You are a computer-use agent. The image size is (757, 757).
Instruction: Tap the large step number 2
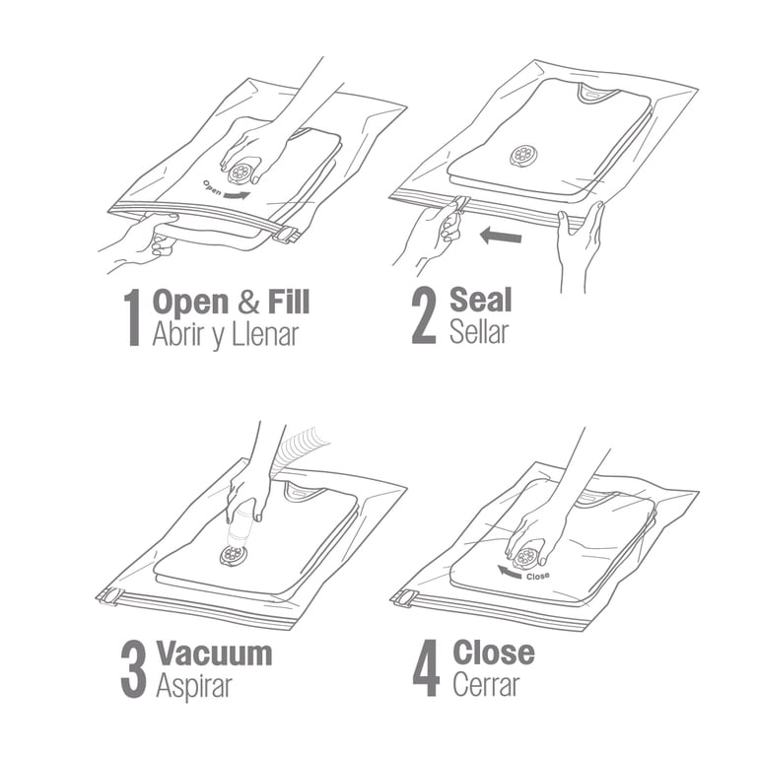[x=424, y=316]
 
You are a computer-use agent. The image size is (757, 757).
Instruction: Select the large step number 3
[x=133, y=669]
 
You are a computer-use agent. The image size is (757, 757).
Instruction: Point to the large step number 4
[x=426, y=668]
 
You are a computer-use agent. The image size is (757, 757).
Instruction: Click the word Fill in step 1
[x=289, y=302]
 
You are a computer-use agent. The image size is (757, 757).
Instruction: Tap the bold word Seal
[x=480, y=300]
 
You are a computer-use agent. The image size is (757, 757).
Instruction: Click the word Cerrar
[x=486, y=684]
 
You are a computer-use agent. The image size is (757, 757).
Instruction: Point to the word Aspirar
[x=194, y=686]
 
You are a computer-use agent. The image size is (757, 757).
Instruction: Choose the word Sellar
[x=479, y=331]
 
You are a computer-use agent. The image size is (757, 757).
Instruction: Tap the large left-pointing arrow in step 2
[x=501, y=237]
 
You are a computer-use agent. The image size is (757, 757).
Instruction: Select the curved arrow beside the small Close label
[x=511, y=572]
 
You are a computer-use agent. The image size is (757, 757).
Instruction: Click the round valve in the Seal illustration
[x=523, y=156]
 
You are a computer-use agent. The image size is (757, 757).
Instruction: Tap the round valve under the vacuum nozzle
[x=234, y=555]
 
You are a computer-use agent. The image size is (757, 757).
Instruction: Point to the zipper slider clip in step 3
[x=109, y=596]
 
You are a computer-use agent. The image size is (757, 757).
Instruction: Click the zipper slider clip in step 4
[x=405, y=598]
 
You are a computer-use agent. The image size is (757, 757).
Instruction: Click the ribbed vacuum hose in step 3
[x=297, y=447]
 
